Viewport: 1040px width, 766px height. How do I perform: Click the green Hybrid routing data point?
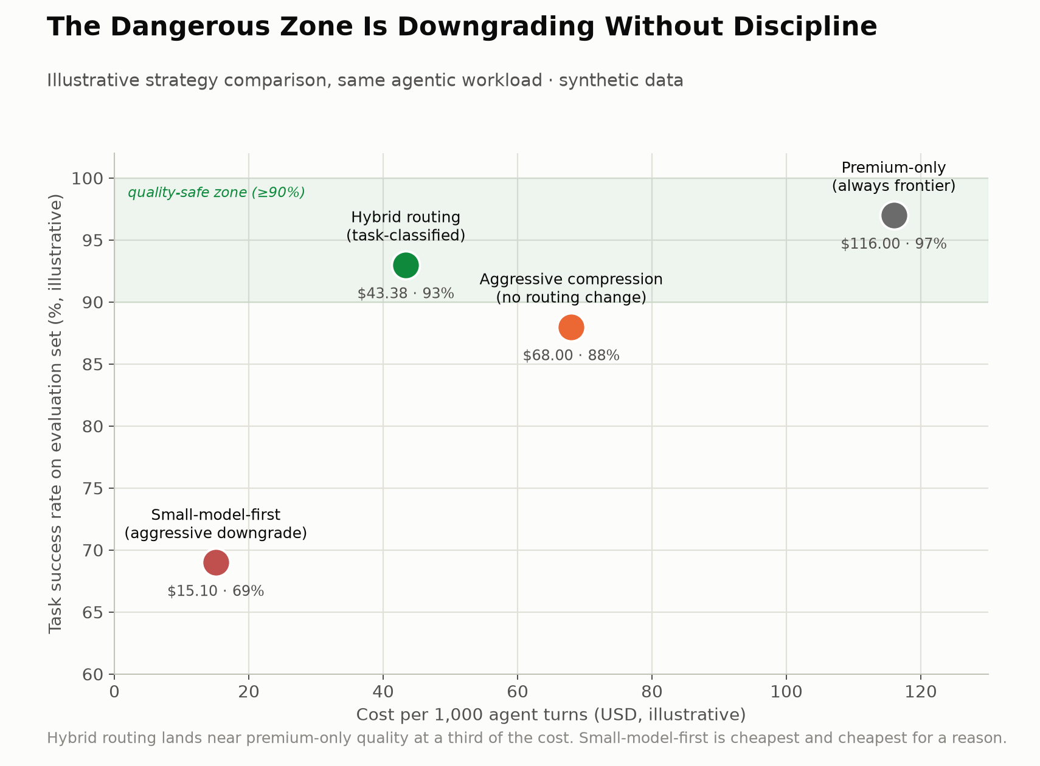coord(406,266)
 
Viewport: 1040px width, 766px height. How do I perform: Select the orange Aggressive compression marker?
coord(571,328)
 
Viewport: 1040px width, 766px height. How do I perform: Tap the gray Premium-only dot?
coord(894,215)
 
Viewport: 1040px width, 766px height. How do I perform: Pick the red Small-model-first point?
coord(216,563)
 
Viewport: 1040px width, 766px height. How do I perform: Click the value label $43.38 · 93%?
coord(406,293)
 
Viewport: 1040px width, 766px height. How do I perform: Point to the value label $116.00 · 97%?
coord(894,244)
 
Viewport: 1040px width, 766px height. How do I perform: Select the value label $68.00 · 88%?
coord(571,356)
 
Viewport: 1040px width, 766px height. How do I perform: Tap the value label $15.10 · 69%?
coord(216,591)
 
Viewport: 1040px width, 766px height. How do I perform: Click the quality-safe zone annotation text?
coord(217,192)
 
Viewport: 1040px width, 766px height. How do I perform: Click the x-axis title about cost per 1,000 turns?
coord(551,715)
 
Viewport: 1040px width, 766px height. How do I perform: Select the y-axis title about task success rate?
coord(55,414)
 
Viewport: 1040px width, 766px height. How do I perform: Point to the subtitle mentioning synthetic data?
coord(365,80)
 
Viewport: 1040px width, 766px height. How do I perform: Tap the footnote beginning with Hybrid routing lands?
coord(527,737)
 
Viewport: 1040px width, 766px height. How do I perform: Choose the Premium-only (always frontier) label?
coord(894,177)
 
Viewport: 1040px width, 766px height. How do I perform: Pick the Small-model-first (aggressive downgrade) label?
coord(216,524)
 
